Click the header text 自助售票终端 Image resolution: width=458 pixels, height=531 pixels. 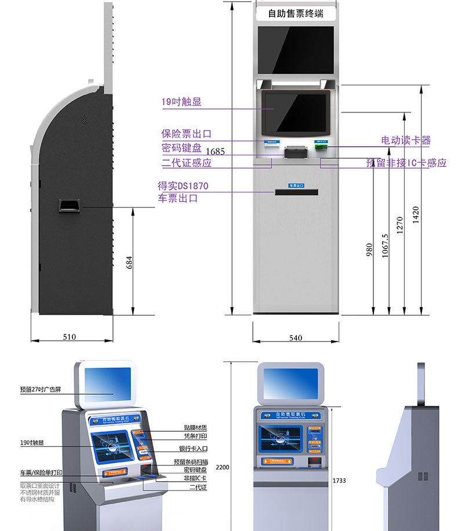(x=296, y=13)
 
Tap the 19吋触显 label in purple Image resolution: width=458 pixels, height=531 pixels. (x=181, y=103)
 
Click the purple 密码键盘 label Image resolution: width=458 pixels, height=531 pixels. (x=181, y=148)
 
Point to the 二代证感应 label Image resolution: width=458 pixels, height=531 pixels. (x=186, y=163)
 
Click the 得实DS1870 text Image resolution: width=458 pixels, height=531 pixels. (x=183, y=186)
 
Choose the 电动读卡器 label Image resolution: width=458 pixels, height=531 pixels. (x=406, y=140)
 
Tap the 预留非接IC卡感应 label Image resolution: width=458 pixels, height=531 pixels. (x=406, y=163)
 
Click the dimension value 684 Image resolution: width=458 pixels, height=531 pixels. (x=129, y=262)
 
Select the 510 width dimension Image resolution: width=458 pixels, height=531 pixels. (x=70, y=337)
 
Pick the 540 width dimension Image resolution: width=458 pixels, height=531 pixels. (x=295, y=338)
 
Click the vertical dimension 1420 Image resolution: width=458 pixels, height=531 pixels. (x=415, y=214)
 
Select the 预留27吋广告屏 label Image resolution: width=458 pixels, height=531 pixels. (x=40, y=390)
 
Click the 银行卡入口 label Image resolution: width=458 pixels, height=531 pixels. (x=192, y=449)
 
